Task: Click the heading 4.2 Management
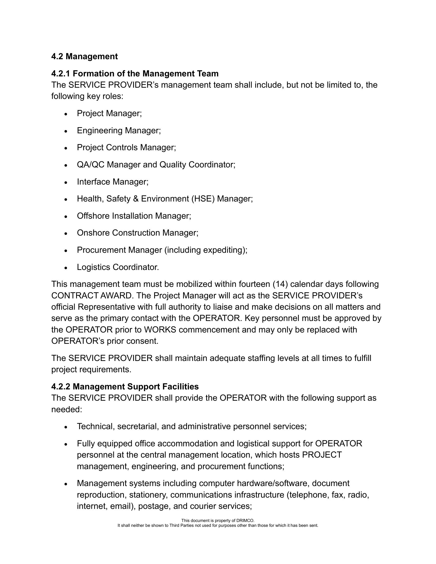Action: [84, 57]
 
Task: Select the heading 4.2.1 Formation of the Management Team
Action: [135, 74]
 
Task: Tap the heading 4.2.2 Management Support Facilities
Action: [125, 387]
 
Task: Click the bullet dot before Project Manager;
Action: [66, 114]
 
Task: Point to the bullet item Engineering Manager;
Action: [119, 131]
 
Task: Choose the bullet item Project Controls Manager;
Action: [126, 148]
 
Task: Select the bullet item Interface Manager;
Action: [113, 182]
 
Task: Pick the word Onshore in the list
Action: [93, 233]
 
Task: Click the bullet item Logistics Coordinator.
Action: [118, 267]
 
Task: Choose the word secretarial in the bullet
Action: [138, 426]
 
